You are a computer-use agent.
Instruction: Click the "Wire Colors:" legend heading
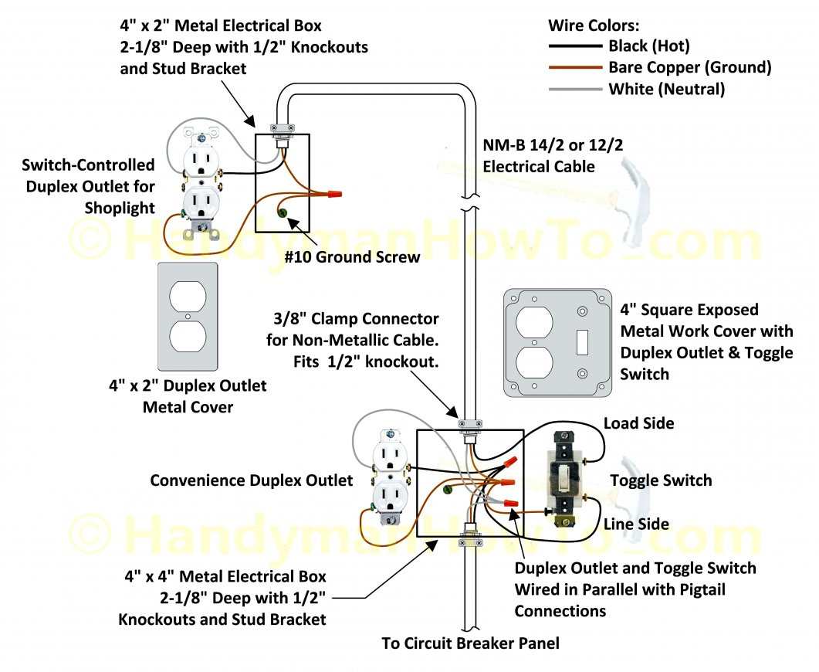594,25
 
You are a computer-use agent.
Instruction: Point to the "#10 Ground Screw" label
352,256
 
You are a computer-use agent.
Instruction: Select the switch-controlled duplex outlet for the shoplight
201,185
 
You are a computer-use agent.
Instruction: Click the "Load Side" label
638,423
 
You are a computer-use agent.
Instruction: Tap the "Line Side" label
637,524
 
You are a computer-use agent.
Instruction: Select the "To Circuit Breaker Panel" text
470,643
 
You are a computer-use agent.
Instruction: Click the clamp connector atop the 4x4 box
469,425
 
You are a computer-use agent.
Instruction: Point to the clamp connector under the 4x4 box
469,533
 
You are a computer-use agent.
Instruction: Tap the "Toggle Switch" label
661,480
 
